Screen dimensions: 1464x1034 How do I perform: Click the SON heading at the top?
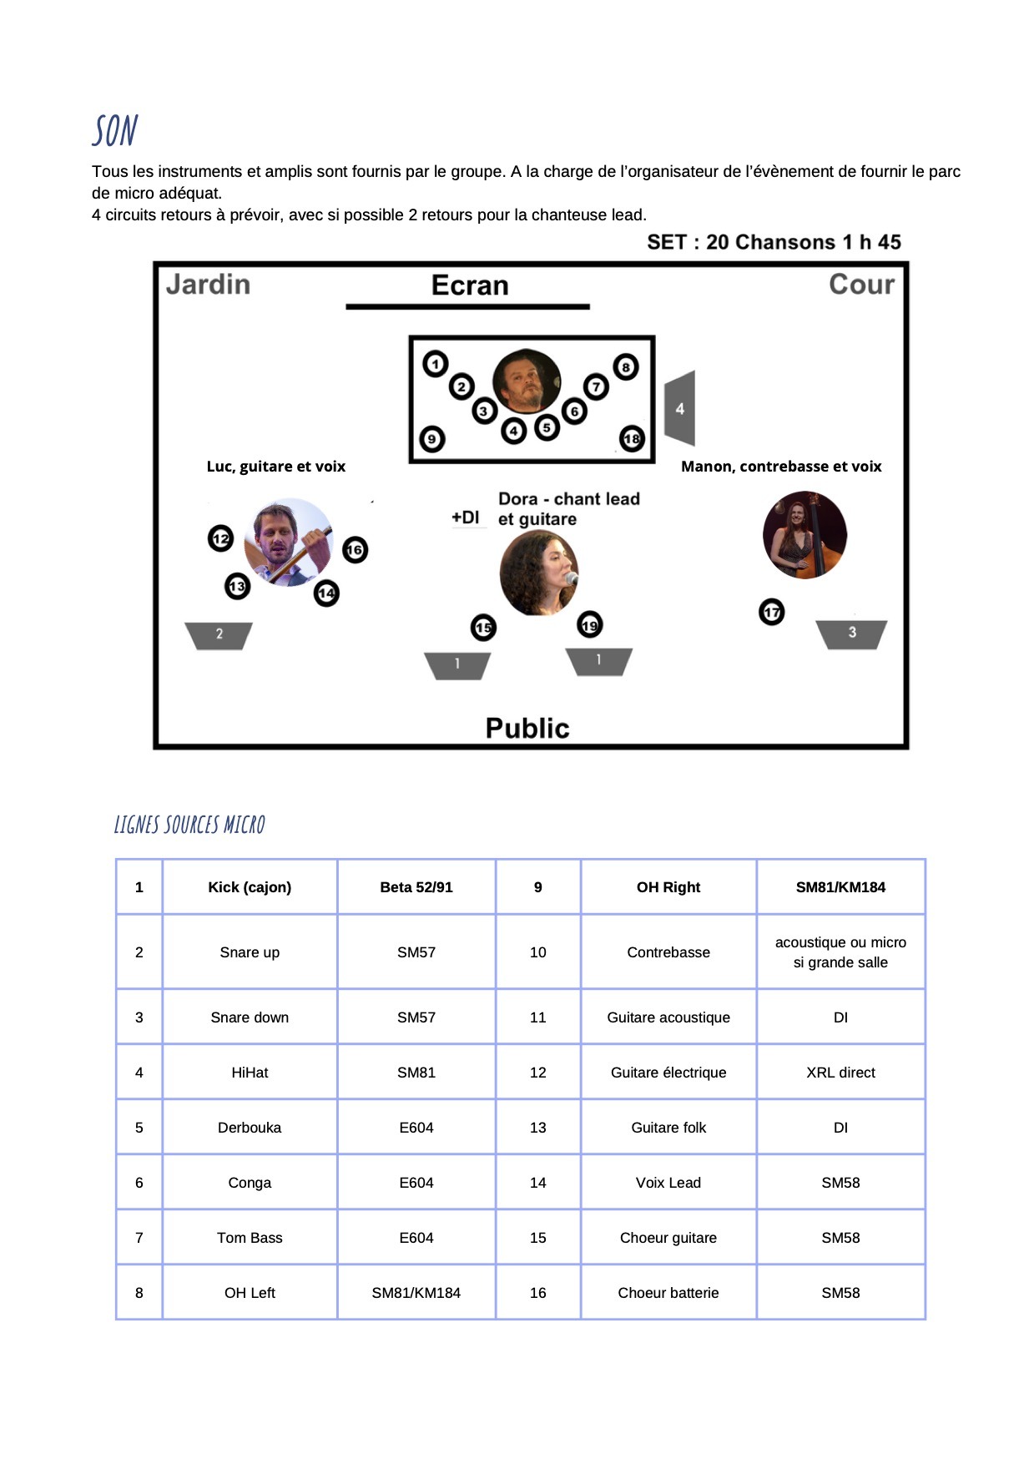click(115, 131)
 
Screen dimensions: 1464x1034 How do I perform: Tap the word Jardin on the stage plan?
click(208, 285)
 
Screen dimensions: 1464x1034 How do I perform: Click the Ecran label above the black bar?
click(470, 285)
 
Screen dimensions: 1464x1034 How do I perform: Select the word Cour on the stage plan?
click(861, 285)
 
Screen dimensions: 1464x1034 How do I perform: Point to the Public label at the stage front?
click(527, 728)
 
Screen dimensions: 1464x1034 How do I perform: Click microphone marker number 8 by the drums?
click(625, 367)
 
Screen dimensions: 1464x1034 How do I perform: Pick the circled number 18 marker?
click(632, 439)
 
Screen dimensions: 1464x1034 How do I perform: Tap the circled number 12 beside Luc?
click(220, 538)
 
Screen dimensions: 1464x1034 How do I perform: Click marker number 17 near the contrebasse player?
click(772, 613)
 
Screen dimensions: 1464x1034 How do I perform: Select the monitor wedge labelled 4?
click(680, 408)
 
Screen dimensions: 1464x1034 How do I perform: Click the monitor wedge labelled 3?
click(851, 634)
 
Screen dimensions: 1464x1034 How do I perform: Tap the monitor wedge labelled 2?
click(219, 634)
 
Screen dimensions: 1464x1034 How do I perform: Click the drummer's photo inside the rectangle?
click(527, 381)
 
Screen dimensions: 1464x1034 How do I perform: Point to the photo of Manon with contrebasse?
click(805, 535)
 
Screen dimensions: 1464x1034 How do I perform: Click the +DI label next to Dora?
click(466, 517)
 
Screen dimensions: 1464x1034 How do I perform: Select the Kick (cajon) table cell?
click(250, 887)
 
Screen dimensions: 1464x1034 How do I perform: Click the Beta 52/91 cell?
click(416, 887)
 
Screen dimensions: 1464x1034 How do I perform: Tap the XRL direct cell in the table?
click(840, 1073)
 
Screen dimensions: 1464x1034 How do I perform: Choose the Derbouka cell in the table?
click(250, 1128)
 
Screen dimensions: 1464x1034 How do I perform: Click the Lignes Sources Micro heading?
click(189, 825)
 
